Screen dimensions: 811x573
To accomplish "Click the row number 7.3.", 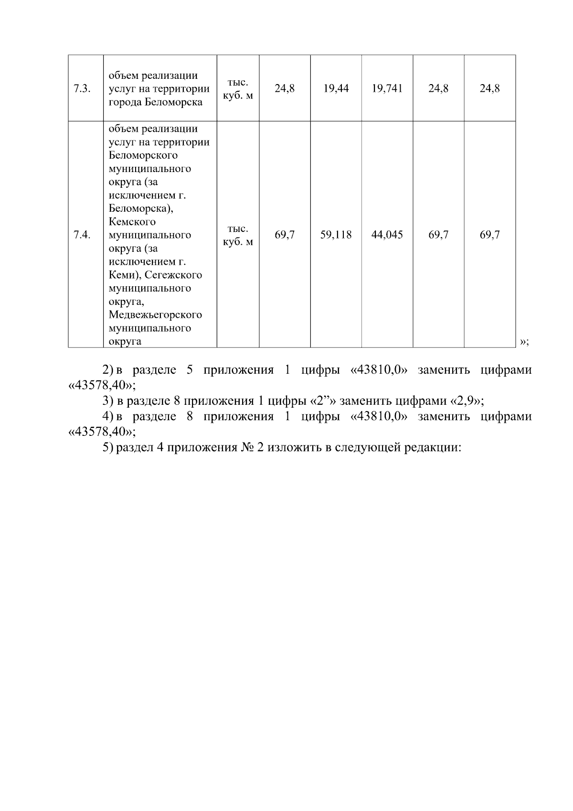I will tap(82, 89).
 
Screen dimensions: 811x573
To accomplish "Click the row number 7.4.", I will tap(82, 235).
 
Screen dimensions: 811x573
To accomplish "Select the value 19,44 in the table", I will tap(336, 88).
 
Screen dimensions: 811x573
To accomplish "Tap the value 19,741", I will tap(387, 88).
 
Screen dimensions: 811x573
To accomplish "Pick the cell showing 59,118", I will tap(336, 235).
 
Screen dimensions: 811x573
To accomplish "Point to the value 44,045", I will tap(387, 235).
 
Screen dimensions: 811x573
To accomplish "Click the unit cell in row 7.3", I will tap(238, 89).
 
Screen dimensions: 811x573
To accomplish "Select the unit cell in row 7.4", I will tap(238, 235).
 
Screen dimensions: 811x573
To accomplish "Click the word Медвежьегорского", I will tap(155, 315).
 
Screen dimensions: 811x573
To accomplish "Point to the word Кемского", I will tap(132, 222).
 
